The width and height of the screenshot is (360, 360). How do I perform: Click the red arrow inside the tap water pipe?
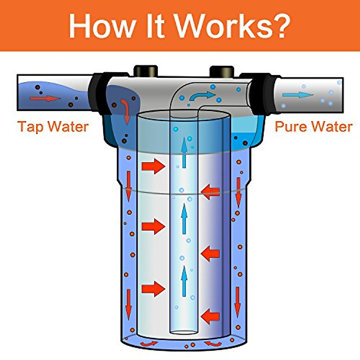tap(45, 98)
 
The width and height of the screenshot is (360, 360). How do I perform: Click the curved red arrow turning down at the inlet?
tap(126, 111)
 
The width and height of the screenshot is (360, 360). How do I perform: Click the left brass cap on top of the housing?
tap(145, 71)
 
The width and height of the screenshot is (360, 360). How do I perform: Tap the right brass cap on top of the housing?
tap(222, 71)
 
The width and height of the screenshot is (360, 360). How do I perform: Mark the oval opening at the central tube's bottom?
tap(184, 332)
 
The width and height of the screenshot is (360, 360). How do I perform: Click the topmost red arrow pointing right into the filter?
tap(153, 166)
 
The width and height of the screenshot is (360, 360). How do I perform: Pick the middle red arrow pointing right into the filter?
tap(153, 226)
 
